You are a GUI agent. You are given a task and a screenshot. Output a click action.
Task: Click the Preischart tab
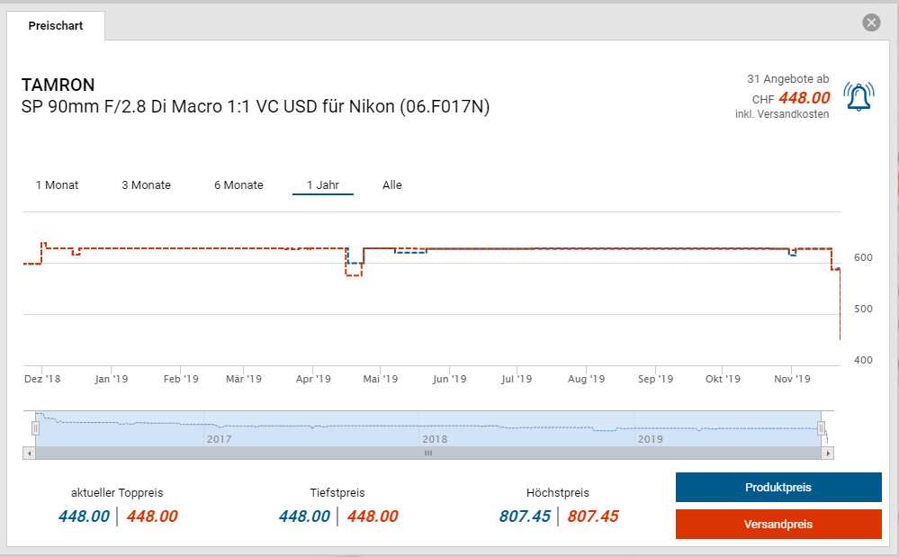click(x=56, y=26)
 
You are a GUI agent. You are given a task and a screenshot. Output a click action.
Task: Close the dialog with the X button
click(x=871, y=22)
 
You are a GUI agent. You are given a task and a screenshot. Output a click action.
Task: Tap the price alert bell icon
click(x=858, y=97)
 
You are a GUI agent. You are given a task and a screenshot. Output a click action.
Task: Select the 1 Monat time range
click(x=57, y=185)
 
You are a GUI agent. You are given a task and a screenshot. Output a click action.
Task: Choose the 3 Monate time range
click(x=146, y=185)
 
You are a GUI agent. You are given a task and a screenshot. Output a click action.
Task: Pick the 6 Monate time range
click(x=238, y=185)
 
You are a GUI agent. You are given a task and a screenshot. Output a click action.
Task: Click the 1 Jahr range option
click(x=322, y=185)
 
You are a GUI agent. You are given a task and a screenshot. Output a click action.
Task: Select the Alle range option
click(x=392, y=185)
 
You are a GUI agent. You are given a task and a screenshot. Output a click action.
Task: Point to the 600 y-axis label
click(x=863, y=258)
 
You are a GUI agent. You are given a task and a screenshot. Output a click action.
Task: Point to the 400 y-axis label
click(x=863, y=361)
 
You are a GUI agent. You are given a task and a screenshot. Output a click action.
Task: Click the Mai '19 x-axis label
click(x=381, y=380)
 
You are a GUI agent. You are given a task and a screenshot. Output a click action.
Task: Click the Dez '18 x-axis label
click(x=41, y=380)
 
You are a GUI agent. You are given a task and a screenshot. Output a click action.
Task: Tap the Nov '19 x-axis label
click(x=791, y=380)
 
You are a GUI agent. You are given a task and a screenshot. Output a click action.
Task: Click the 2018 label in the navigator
click(x=435, y=439)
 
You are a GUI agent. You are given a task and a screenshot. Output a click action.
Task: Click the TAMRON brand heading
click(x=58, y=85)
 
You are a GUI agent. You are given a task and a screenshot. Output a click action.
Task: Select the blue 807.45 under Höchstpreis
click(x=525, y=517)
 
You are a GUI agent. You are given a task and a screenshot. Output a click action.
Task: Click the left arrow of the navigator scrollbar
click(x=30, y=454)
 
